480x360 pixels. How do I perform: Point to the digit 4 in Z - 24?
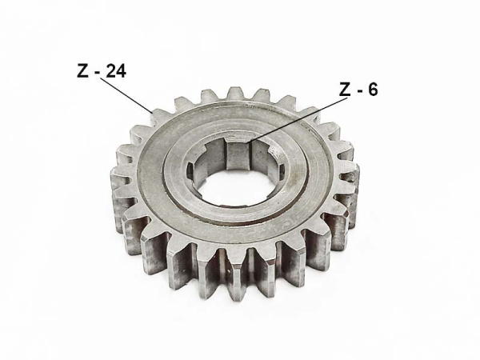coord(121,71)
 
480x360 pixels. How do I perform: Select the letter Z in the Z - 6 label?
coord(346,89)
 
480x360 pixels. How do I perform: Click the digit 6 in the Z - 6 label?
coord(373,89)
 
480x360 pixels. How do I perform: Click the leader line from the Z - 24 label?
coord(126,95)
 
